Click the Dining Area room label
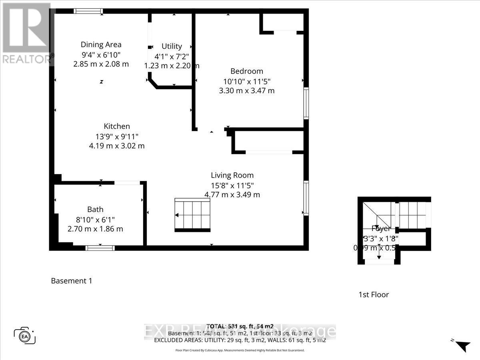click(101, 44)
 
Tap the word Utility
click(172, 46)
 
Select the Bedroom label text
click(247, 71)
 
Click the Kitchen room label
click(117, 126)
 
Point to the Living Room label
click(232, 175)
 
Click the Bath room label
click(95, 209)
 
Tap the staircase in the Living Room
click(192, 215)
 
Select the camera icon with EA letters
click(25, 335)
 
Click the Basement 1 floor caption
click(72, 281)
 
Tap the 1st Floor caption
click(373, 295)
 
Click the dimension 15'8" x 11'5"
click(232, 185)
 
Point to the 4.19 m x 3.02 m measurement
click(117, 146)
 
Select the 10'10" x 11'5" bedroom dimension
click(247, 81)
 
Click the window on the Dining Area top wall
click(88, 11)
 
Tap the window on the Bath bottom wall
click(100, 248)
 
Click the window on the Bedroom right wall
click(306, 104)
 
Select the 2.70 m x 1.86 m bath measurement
click(95, 229)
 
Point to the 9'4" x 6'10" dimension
click(101, 54)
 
